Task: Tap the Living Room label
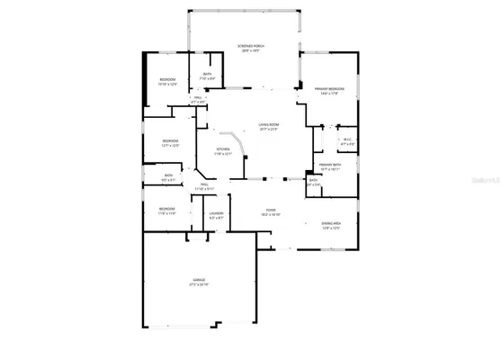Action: pos(268,124)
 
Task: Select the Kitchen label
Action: pos(222,149)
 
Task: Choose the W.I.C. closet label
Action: pos(347,139)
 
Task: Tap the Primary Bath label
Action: pos(328,165)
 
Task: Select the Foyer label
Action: pos(270,211)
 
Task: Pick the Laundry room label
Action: pos(217,213)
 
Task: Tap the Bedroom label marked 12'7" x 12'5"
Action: pos(171,141)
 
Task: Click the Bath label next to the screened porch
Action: pos(207,74)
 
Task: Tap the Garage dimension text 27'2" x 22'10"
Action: pos(198,285)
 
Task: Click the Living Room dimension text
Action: pos(268,130)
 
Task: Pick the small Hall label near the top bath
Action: pos(197,100)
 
